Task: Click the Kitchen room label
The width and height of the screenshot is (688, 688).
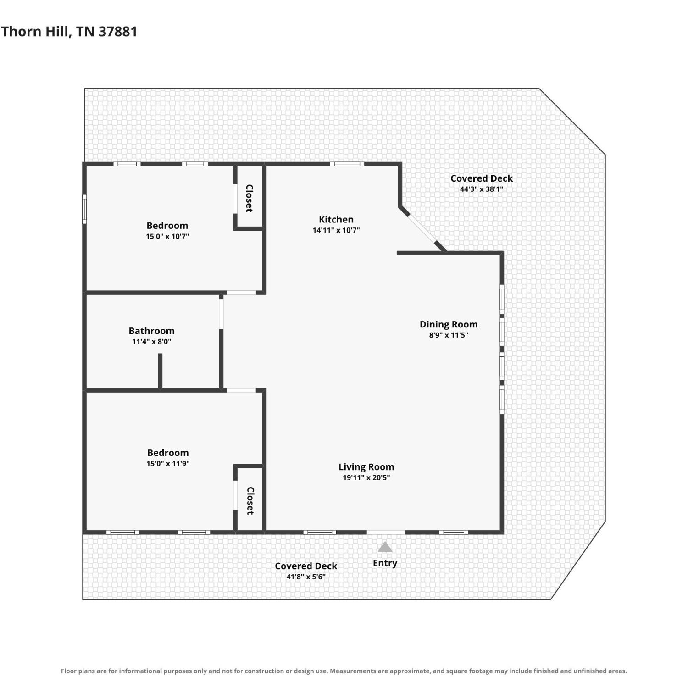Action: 336,219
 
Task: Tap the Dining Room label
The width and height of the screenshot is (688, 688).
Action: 449,324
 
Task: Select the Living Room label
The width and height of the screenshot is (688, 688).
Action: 366,467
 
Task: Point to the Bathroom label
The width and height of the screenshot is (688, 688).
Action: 151,331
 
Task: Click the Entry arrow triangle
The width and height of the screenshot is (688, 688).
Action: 385,547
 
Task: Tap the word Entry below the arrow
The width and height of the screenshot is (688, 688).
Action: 385,563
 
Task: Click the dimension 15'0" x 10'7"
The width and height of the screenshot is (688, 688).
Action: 167,236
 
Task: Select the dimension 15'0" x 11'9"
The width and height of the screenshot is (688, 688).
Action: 168,463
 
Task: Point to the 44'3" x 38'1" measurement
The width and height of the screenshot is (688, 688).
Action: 482,189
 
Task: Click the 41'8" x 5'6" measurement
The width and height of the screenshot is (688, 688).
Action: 306,577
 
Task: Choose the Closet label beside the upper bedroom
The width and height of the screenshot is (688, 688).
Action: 250,198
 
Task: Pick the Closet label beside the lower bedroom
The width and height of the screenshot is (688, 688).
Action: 250,500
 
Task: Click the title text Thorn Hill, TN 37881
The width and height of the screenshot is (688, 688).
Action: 69,31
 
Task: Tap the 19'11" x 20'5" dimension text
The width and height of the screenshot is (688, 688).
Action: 366,477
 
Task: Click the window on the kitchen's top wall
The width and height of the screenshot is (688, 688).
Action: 347,164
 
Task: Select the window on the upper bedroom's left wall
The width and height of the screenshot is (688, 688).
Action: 84,209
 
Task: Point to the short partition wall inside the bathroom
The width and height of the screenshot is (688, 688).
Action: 160,371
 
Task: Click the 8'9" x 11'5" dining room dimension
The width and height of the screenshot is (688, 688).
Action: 449,335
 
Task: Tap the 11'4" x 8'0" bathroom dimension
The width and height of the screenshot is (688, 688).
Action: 151,341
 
